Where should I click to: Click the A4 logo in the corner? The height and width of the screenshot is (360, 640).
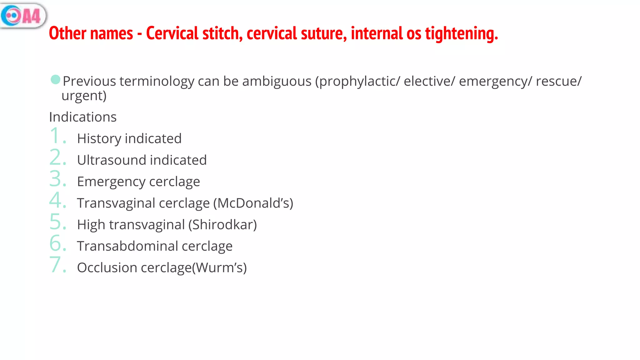point(23,15)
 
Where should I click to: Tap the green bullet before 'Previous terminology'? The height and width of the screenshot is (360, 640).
point(55,80)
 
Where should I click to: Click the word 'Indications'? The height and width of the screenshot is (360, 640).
point(83,117)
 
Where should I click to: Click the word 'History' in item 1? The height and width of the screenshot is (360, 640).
point(99,138)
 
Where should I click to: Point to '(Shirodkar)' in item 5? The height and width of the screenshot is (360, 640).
point(222,225)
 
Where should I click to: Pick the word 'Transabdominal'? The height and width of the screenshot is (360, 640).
point(127,246)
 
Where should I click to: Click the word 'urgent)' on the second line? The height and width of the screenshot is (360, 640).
point(84,96)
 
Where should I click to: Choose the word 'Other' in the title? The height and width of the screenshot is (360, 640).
point(67,33)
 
